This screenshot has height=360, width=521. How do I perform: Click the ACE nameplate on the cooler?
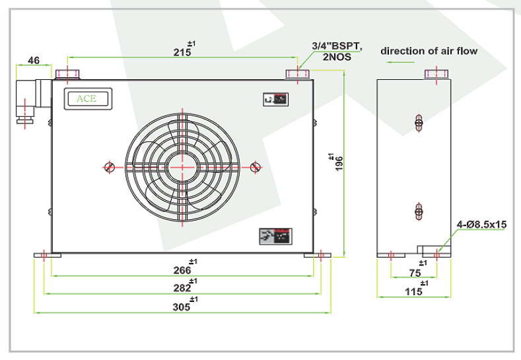[x=87, y=98]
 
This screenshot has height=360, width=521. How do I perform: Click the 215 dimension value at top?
[x=182, y=51]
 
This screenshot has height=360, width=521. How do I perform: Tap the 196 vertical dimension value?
[x=338, y=162]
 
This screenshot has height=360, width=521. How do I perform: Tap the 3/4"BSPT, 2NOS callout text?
[x=337, y=52]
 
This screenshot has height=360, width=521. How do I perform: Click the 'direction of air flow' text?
[x=429, y=50]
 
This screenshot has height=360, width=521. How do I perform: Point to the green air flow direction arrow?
[x=399, y=62]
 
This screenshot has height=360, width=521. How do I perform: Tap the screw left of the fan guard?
[x=110, y=166]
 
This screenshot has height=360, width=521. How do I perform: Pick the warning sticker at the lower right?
[x=275, y=234]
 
